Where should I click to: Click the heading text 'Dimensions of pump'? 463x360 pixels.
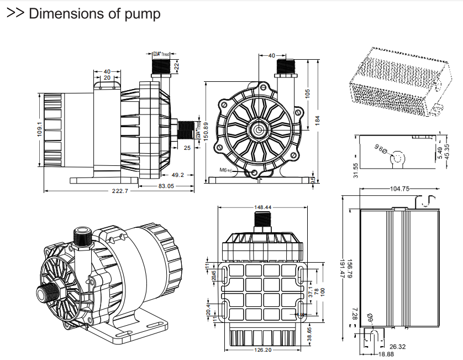(x=94, y=14)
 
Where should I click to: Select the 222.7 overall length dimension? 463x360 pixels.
(x=120, y=191)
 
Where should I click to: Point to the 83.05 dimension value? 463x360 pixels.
(x=166, y=186)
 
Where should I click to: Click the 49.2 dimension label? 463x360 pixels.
(x=177, y=175)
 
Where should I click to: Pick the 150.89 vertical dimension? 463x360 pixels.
(x=205, y=132)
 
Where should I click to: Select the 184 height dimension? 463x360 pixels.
(x=317, y=119)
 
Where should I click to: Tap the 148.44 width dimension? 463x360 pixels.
(x=262, y=207)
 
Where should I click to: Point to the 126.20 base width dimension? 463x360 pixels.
(x=263, y=351)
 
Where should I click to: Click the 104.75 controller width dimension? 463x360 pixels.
(x=399, y=189)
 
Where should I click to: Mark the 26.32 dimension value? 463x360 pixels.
(x=397, y=347)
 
